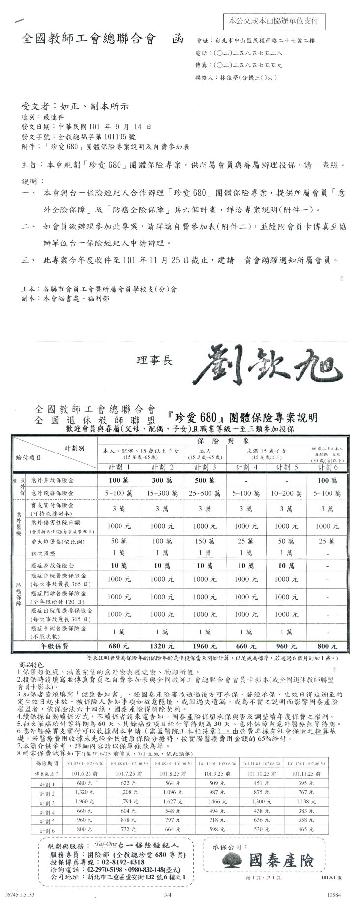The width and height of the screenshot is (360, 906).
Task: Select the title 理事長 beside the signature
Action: pyautogui.click(x=155, y=362)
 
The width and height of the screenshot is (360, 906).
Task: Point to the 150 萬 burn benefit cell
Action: pyautogui.click(x=204, y=541)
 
